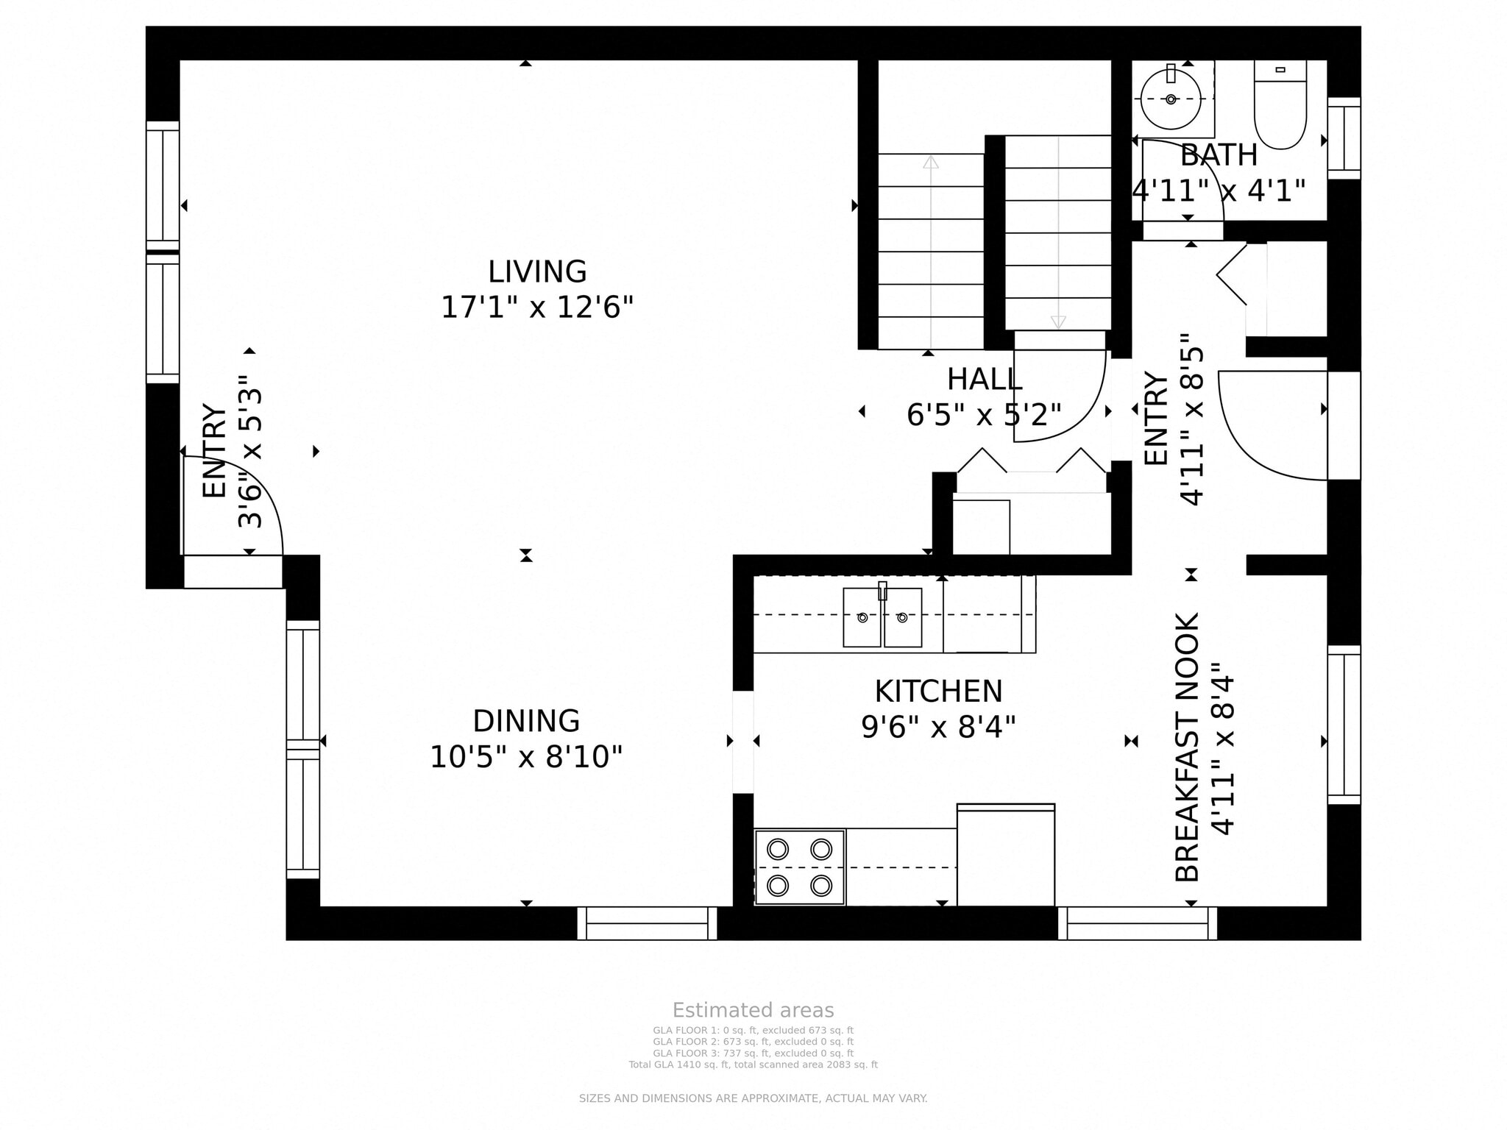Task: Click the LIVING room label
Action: click(x=537, y=271)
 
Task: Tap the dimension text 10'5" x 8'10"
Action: click(x=525, y=757)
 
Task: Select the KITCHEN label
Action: click(x=938, y=692)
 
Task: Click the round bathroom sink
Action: click(x=1170, y=99)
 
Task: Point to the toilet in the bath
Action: click(x=1280, y=110)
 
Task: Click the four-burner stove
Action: click(x=800, y=867)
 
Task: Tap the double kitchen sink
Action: click(x=882, y=617)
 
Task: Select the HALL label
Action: click(x=984, y=380)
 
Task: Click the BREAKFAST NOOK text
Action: click(x=1187, y=747)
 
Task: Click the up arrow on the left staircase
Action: click(x=931, y=162)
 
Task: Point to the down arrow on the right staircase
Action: click(x=1058, y=321)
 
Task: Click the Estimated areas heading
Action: click(x=753, y=1010)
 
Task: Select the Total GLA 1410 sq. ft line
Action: click(x=753, y=1065)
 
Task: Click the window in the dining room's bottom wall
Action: click(x=647, y=923)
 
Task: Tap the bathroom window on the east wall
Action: click(x=1344, y=138)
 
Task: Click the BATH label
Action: click(x=1219, y=155)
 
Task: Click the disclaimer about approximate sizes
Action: click(x=753, y=1098)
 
